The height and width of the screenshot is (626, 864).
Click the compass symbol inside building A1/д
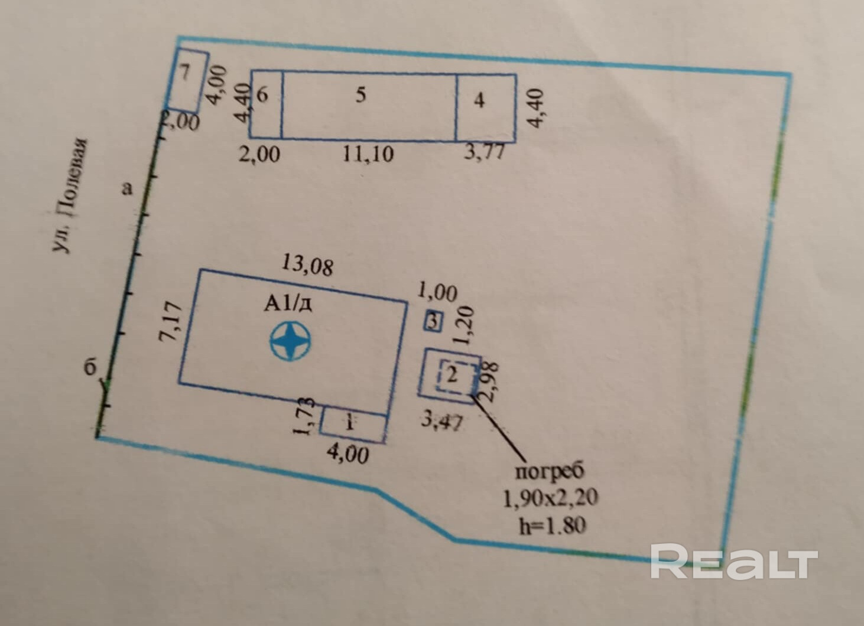[290, 341]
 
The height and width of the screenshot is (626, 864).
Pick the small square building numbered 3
[434, 322]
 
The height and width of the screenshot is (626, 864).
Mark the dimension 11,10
[368, 155]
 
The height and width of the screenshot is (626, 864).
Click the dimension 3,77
[484, 152]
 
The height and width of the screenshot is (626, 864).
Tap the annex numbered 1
[351, 423]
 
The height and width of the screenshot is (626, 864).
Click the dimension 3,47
[442, 422]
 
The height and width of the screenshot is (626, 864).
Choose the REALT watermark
[733, 562]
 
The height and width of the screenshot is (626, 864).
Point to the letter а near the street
[126, 188]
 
